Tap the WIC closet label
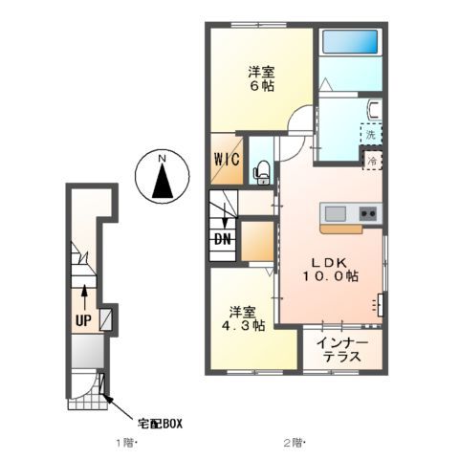[x=229, y=159]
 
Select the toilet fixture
[x=261, y=171]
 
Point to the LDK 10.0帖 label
[x=331, y=269]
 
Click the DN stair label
[x=222, y=240]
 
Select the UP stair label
[x=83, y=319]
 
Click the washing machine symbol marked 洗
[x=370, y=135]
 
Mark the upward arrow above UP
[x=84, y=292]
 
